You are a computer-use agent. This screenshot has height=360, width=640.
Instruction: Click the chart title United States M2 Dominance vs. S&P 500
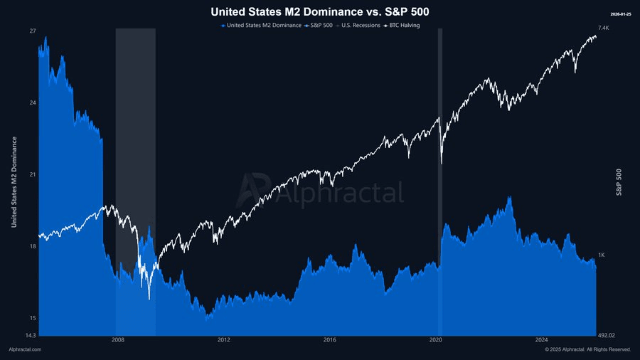click(x=320, y=12)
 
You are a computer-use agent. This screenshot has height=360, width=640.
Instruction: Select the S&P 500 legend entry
click(x=321, y=26)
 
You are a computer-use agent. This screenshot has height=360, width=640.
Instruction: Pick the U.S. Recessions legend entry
click(x=360, y=26)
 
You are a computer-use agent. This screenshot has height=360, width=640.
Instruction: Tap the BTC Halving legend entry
click(x=403, y=26)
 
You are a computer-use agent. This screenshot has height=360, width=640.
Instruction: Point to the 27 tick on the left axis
click(x=32, y=31)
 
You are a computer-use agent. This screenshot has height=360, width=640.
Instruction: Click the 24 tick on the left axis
click(x=32, y=102)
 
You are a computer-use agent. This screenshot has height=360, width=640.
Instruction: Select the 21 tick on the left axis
click(x=32, y=174)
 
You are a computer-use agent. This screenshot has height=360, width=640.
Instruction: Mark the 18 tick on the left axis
click(x=32, y=246)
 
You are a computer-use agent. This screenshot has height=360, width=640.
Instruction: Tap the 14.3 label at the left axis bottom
click(x=31, y=335)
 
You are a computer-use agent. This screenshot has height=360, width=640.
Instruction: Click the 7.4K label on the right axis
click(x=604, y=28)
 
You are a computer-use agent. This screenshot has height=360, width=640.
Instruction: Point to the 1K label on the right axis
click(x=602, y=255)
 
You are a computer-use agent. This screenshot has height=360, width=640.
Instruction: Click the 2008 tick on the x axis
click(x=118, y=340)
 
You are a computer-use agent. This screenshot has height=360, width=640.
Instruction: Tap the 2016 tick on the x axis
click(x=330, y=340)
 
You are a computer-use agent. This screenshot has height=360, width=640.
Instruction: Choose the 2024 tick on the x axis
click(x=542, y=340)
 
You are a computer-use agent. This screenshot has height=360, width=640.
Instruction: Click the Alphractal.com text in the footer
click(x=25, y=349)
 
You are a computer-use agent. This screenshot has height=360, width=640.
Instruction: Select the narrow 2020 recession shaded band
click(x=440, y=178)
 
